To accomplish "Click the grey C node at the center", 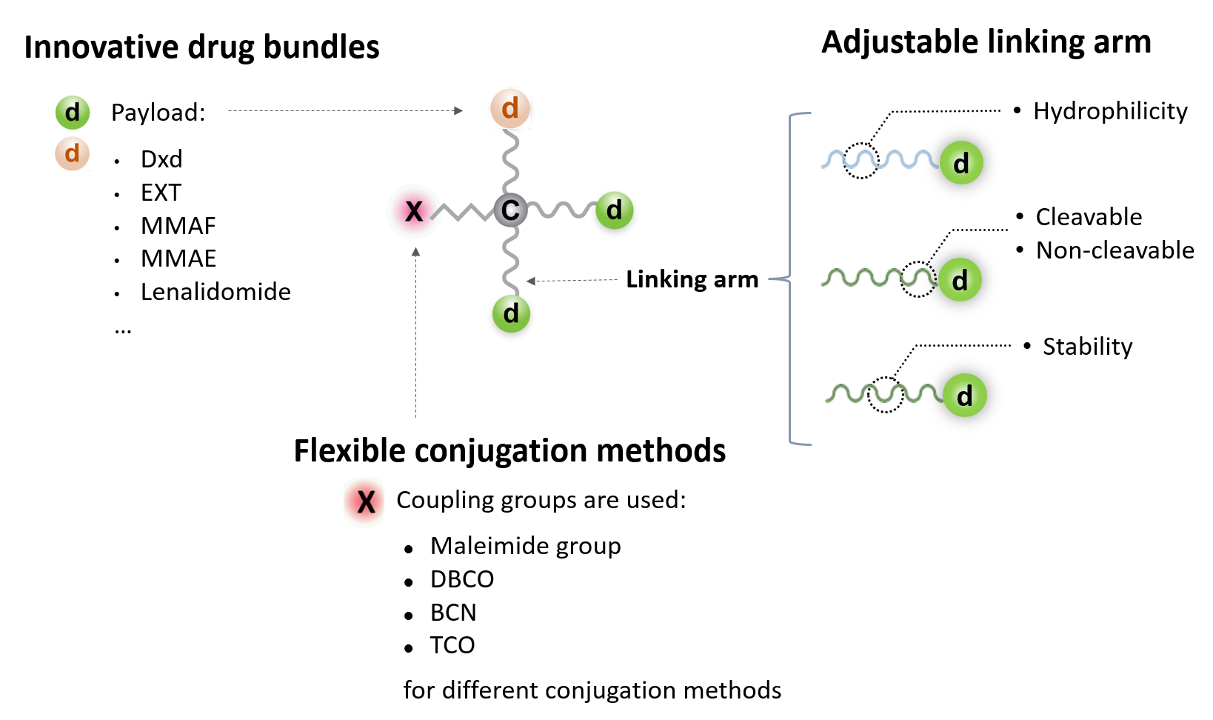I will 510,210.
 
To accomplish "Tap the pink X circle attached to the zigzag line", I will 414,211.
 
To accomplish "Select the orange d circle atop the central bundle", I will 510,109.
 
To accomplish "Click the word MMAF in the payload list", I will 178,226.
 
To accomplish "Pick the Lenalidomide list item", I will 215,292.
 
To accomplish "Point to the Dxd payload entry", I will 161,159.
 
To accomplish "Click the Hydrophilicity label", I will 1110,111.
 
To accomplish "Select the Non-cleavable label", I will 1115,250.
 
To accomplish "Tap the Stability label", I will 1087,347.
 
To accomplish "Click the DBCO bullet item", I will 462,579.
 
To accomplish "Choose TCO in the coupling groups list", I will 452,645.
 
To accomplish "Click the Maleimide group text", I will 525,546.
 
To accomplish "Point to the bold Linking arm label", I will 692,279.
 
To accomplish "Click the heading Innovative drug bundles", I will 201,47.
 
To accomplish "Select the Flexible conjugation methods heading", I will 509,450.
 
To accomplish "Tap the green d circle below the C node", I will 511,314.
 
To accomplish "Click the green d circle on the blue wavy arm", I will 961,163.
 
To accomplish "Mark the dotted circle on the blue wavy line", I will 861,160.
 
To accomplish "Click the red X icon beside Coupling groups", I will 366,501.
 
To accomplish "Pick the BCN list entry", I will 453,613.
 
